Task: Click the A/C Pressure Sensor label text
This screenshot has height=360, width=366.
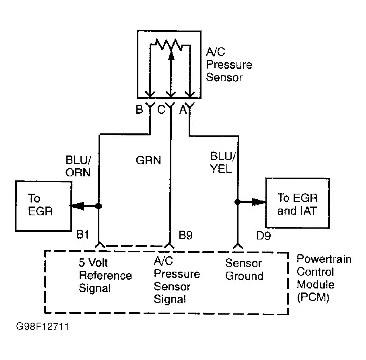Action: pyautogui.click(x=229, y=65)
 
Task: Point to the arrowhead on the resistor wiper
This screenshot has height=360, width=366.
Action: pyautogui.click(x=171, y=55)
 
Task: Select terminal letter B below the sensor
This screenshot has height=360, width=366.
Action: pyautogui.click(x=139, y=109)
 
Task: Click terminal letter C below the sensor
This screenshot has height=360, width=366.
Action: pyautogui.click(x=161, y=109)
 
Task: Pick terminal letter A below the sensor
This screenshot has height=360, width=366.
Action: pyautogui.click(x=183, y=110)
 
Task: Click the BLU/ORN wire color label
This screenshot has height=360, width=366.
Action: pyautogui.click(x=78, y=166)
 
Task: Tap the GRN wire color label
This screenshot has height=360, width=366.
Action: pyautogui.click(x=148, y=161)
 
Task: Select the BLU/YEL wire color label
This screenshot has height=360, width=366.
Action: pyautogui.click(x=223, y=162)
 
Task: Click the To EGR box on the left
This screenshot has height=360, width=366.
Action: pyautogui.click(x=43, y=206)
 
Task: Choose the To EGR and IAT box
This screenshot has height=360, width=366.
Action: pyautogui.click(x=298, y=203)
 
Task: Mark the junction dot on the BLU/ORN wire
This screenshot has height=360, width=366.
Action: pyautogui.click(x=99, y=206)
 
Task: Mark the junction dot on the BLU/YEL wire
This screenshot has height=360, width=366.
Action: pyautogui.click(x=237, y=202)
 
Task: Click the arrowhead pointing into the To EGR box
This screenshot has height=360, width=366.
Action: pyautogui.click(x=77, y=206)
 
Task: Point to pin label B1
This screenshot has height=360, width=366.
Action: pyautogui.click(x=83, y=235)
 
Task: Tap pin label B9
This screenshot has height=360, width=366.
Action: pyautogui.click(x=185, y=235)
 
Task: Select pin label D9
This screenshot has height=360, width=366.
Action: pyautogui.click(x=263, y=235)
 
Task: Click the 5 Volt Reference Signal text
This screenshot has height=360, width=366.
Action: pyautogui.click(x=105, y=275)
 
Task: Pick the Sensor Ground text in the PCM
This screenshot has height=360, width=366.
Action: pyautogui.click(x=245, y=270)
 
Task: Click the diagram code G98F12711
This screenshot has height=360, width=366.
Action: pyautogui.click(x=43, y=326)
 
